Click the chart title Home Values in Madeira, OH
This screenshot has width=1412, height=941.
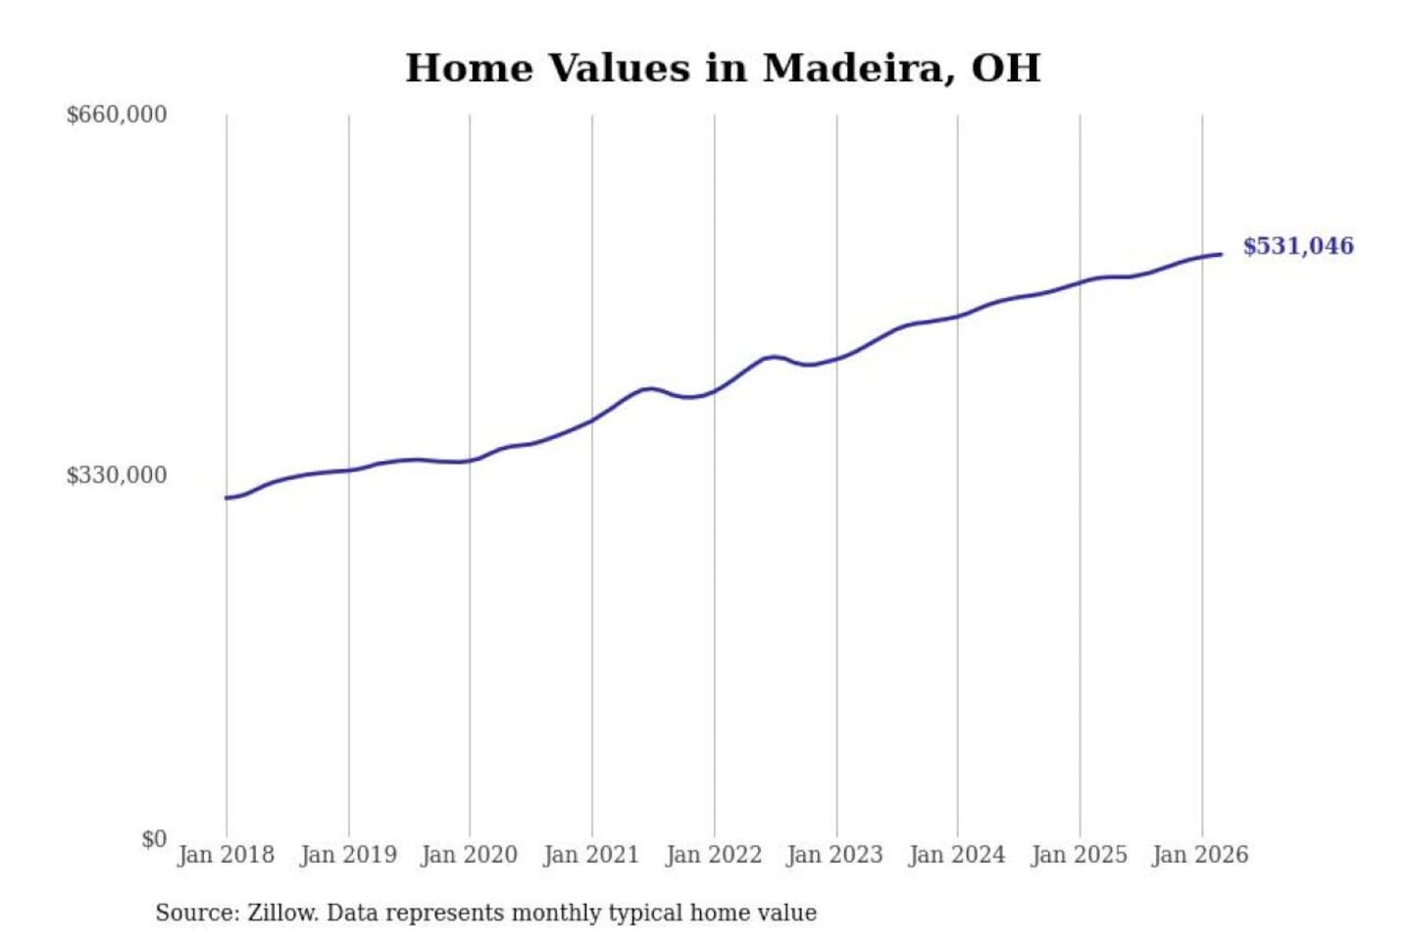coord(723,69)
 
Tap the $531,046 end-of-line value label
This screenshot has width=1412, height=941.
coord(1298,246)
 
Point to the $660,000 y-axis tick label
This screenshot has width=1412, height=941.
coord(117,115)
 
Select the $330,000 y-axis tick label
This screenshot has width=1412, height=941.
coord(117,475)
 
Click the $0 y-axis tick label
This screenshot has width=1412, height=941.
coord(154,839)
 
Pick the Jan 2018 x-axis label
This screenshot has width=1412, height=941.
coord(226,855)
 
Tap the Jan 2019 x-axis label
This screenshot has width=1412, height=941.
coord(348,855)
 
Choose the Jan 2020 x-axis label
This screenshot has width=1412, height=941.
coord(469,855)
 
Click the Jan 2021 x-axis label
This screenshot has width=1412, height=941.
coord(591,855)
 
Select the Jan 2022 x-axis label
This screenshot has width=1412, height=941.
coord(714,855)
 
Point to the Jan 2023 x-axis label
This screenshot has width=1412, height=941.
coord(835,855)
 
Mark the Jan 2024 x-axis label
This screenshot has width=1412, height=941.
coord(957,855)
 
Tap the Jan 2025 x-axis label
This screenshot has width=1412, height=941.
coord(1080,855)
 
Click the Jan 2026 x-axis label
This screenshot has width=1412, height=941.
coord(1201,855)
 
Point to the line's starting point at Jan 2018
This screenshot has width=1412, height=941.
coord(227,498)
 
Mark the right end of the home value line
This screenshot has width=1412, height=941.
coord(1221,255)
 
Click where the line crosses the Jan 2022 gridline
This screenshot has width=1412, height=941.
coord(714,390)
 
